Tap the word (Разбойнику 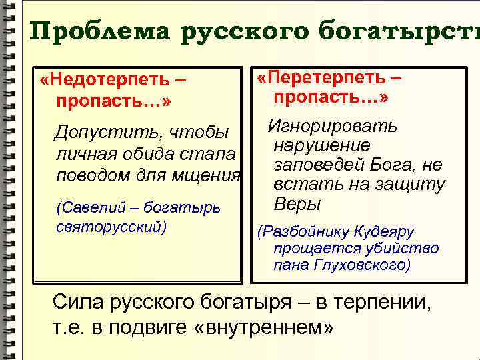[301, 232]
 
